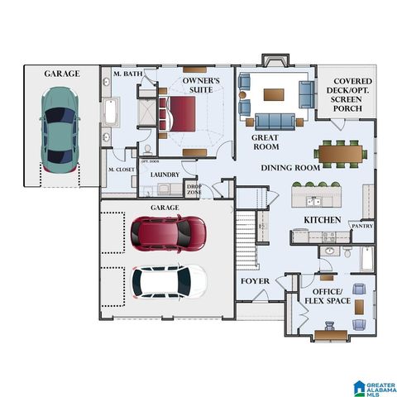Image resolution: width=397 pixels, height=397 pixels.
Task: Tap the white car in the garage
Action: (169, 281)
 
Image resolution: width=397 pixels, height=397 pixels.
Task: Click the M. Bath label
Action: (127, 74)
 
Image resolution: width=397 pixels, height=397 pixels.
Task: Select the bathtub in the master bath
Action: (109, 112)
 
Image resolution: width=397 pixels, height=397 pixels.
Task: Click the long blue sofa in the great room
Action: (275, 122)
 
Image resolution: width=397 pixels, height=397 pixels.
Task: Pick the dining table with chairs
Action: (340, 153)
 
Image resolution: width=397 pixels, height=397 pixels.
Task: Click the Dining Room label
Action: (289, 168)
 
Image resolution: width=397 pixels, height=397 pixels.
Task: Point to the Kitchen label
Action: (322, 219)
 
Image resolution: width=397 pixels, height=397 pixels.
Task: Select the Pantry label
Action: (361, 225)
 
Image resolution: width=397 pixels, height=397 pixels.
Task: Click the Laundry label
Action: (165, 175)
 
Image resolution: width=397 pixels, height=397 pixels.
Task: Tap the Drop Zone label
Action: (194, 189)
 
